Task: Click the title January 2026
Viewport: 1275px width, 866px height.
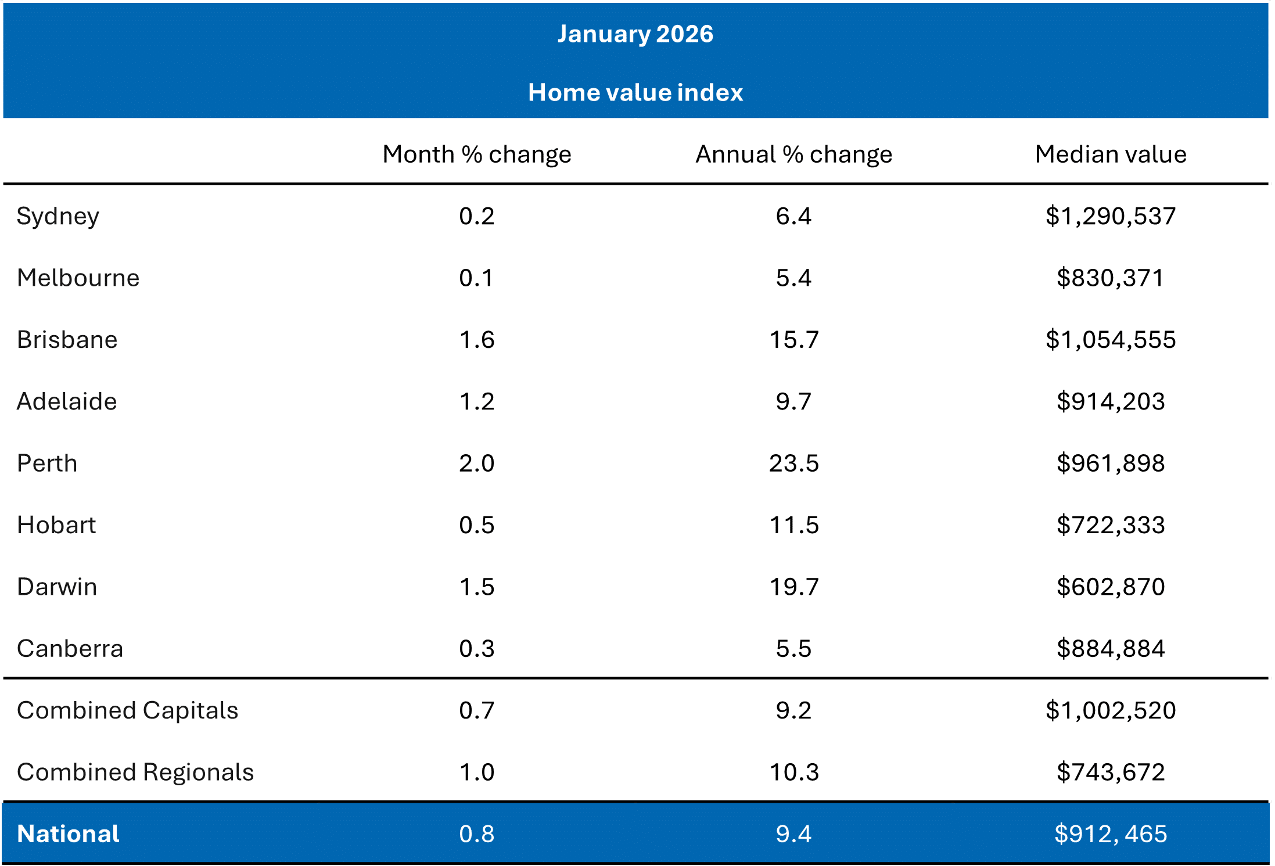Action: tap(635, 34)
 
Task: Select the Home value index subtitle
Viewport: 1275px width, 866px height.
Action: tap(635, 92)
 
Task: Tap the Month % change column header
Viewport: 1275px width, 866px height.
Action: tap(476, 154)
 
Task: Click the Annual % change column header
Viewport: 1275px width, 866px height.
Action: tap(793, 154)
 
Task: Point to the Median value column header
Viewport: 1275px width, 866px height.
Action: tap(1110, 154)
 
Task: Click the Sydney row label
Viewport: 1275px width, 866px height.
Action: tap(58, 217)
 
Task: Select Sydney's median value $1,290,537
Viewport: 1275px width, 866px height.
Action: tap(1110, 216)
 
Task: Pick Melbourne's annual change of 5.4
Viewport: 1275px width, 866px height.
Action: tap(793, 278)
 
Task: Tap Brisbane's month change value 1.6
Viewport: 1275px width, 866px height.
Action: tap(476, 340)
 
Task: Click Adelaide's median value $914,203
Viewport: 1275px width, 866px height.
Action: tap(1110, 401)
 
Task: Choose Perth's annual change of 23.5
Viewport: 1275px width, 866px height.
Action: tap(793, 463)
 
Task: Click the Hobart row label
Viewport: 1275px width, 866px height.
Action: tap(56, 525)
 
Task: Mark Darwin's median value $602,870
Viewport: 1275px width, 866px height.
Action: tap(1110, 587)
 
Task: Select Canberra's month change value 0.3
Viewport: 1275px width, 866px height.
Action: tap(476, 649)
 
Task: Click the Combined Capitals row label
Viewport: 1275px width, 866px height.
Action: tap(127, 710)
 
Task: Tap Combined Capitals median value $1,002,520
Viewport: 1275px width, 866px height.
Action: tap(1110, 710)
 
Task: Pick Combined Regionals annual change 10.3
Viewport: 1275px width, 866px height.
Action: tap(793, 772)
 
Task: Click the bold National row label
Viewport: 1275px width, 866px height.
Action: tap(68, 834)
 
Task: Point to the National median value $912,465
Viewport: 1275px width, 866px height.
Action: tap(1110, 834)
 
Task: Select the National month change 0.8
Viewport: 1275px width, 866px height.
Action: tap(476, 834)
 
